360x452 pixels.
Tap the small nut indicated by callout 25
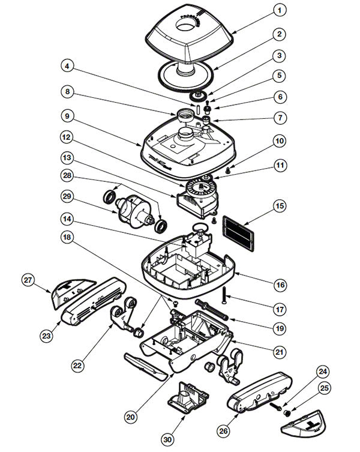pyautogui.click(x=286, y=412)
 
